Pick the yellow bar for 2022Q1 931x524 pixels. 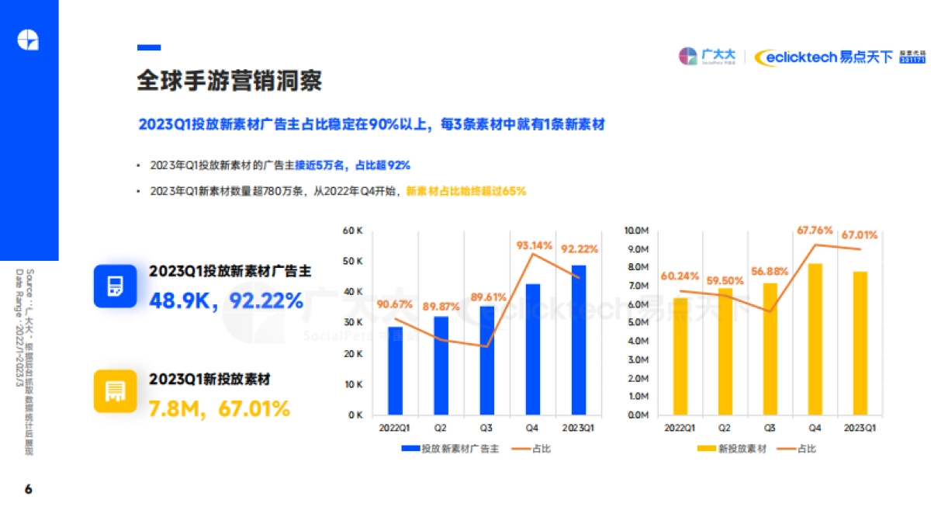[x=680, y=356]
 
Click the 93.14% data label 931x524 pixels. [x=535, y=245]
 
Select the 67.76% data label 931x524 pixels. [x=815, y=231]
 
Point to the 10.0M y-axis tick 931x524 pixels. [x=637, y=231]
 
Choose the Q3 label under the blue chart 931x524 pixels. [x=486, y=428]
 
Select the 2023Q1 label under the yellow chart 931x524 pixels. [x=860, y=428]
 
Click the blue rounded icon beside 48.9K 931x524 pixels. [x=116, y=286]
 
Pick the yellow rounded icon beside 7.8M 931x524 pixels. [x=116, y=391]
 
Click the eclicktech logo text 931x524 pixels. [x=797, y=57]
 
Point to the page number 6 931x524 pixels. [x=29, y=489]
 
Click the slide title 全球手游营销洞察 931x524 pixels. [x=230, y=82]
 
